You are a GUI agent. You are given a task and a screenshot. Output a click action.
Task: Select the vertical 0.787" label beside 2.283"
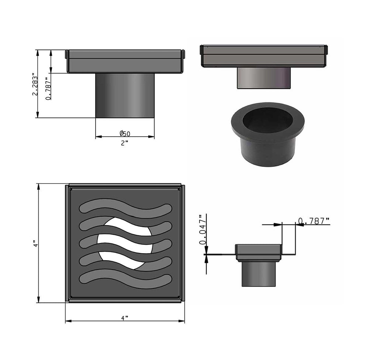48,89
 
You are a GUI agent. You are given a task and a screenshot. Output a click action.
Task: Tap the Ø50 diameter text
125,133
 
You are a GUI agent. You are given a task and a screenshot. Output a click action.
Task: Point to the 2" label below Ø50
124,143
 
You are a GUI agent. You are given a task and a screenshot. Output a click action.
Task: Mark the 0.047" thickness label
202,229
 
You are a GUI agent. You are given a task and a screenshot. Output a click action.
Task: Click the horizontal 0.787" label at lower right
314,221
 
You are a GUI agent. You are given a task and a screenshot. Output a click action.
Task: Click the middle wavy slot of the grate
125,244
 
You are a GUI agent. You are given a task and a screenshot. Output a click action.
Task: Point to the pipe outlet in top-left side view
125,95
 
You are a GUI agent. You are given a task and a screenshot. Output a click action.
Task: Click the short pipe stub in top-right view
263,78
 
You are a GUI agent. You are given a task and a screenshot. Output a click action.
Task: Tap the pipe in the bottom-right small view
259,274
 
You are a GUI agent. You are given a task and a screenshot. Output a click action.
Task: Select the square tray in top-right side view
263,56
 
